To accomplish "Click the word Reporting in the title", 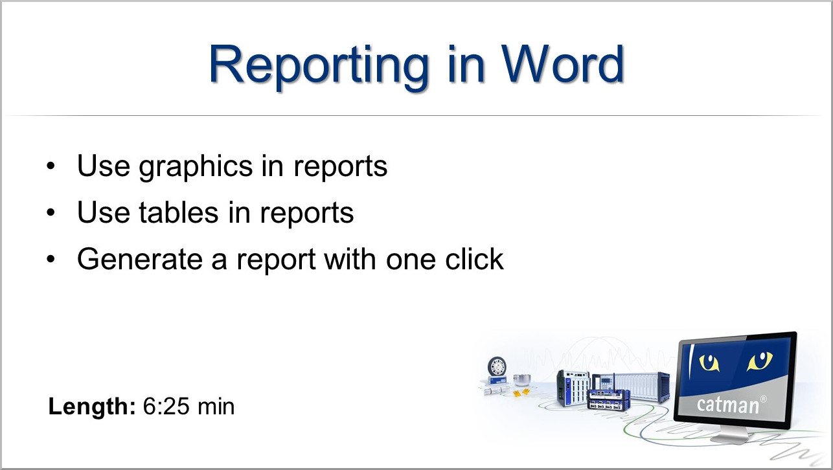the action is point(319,67).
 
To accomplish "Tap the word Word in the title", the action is point(562,63).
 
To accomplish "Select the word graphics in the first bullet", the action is point(196,168).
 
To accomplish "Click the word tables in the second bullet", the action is point(179,212).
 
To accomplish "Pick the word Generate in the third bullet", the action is point(140,259).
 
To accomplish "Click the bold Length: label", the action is point(92,407).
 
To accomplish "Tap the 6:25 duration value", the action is point(166,406).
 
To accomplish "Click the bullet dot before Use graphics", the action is point(51,166).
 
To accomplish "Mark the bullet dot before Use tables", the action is point(51,212).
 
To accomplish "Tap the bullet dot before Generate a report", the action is point(51,259).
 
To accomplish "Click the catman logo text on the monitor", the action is point(727,405).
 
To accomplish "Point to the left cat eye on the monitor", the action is point(709,363).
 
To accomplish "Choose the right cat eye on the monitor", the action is point(760,361).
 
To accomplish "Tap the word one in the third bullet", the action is point(411,260).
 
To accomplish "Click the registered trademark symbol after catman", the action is point(764,399).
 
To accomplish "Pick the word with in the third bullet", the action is point(350,258).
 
